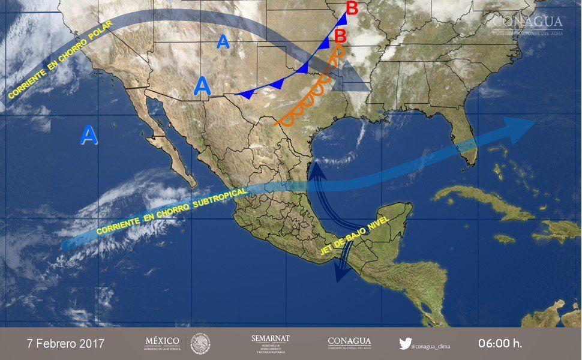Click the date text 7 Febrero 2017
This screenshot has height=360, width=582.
(x=65, y=344)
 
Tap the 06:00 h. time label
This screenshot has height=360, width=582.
(x=500, y=344)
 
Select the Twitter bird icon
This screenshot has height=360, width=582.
(x=406, y=344)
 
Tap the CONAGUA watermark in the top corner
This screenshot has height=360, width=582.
(x=527, y=25)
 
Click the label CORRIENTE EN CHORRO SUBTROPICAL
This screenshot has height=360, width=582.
(x=171, y=211)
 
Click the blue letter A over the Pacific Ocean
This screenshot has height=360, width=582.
(x=88, y=135)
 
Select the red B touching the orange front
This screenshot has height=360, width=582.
(x=340, y=35)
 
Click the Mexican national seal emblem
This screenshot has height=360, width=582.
(x=200, y=344)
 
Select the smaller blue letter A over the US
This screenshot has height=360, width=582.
(x=223, y=41)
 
